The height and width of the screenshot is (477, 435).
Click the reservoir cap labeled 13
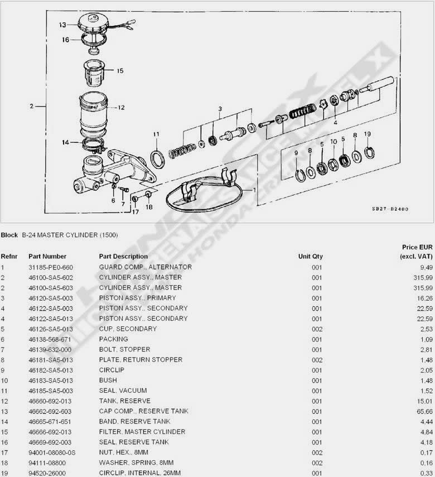click(x=92, y=23)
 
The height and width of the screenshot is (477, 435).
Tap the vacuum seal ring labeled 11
click(x=158, y=159)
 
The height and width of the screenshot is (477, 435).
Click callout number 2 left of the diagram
click(x=32, y=106)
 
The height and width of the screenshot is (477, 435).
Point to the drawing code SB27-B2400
click(x=390, y=209)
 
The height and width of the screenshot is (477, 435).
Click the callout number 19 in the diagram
click(x=368, y=134)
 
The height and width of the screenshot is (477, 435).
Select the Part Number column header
click(x=47, y=257)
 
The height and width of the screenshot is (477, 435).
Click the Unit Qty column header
click(x=310, y=257)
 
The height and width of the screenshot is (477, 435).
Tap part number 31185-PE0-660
click(x=51, y=267)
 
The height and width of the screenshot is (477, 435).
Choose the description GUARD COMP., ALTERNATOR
click(x=146, y=267)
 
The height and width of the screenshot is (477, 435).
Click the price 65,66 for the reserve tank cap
click(x=425, y=412)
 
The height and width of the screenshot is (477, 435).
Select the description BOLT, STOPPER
click(x=125, y=350)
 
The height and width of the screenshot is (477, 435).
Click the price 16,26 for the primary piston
click(x=425, y=298)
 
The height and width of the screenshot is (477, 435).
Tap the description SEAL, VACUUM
click(x=123, y=391)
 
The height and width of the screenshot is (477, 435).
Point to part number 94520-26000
click(x=47, y=473)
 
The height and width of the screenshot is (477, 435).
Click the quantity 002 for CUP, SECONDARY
click(x=317, y=329)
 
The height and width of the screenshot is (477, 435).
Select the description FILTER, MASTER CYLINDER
click(x=142, y=432)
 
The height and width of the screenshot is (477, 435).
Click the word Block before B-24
click(x=9, y=235)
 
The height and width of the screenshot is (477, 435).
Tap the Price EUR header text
click(x=417, y=247)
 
